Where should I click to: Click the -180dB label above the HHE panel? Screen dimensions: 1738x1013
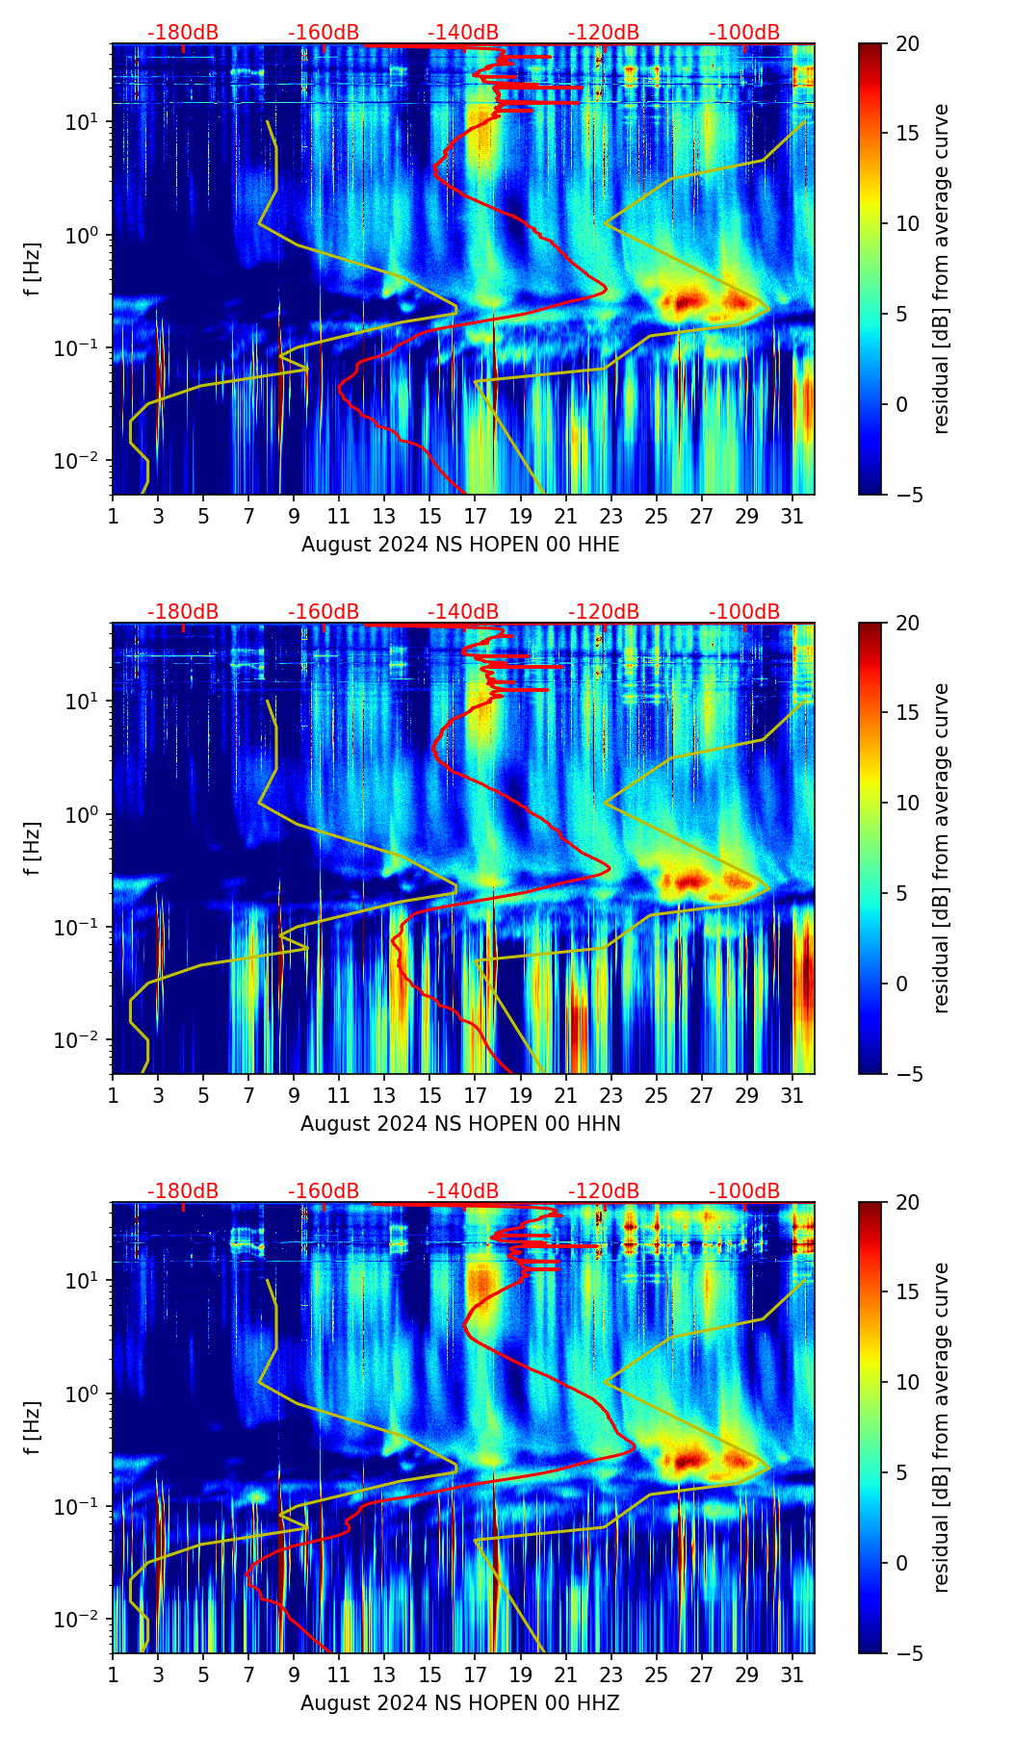[183, 33]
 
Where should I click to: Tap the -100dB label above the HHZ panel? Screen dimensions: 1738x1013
[744, 1191]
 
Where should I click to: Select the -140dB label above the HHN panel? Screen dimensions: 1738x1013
[463, 612]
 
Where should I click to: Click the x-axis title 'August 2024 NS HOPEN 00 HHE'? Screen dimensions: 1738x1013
[460, 545]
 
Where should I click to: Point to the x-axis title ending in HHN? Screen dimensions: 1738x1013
[460, 1124]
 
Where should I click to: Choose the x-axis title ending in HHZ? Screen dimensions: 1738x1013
[460, 1703]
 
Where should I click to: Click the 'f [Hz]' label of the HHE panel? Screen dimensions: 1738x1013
[33, 269]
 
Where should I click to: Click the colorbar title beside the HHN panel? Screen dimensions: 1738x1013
[942, 848]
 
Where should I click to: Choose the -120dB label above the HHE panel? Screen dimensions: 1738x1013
[604, 33]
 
